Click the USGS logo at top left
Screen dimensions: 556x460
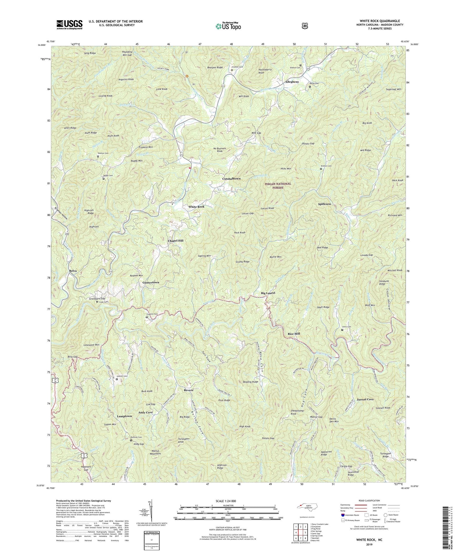pyautogui.click(x=69, y=25)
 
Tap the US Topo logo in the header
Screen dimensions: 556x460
pyautogui.click(x=227, y=26)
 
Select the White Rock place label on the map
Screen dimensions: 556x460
pyautogui.click(x=196, y=207)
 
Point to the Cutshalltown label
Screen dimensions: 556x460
pyautogui.click(x=231, y=179)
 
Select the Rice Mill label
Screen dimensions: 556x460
pyautogui.click(x=294, y=333)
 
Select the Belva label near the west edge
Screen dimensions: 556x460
pyautogui.click(x=74, y=271)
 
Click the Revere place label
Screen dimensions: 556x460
pyautogui.click(x=189, y=390)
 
